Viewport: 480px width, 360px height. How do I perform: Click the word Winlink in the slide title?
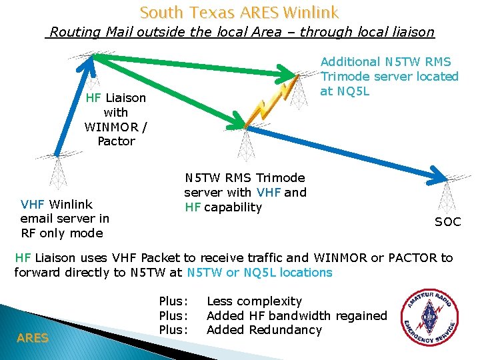310,12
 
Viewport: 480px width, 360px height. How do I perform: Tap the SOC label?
447,222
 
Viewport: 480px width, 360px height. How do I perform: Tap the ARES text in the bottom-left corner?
33,338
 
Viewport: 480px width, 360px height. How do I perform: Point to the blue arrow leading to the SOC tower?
347,150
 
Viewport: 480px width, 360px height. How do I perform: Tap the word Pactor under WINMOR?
116,141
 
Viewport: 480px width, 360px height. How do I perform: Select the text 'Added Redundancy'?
264,330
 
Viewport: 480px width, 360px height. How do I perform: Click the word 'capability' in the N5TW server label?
233,207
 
